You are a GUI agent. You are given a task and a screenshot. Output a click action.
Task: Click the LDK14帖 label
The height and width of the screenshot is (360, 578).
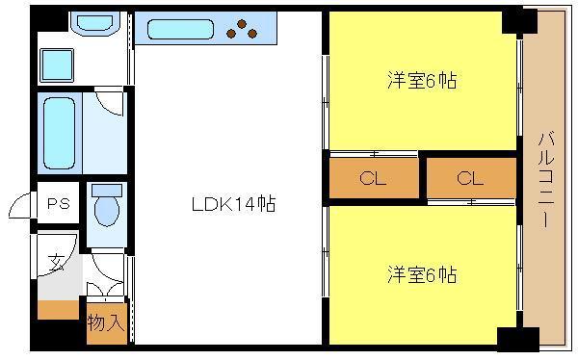[x=234, y=204]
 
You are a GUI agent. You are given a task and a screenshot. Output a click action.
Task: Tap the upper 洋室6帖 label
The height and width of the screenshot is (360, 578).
[x=422, y=80]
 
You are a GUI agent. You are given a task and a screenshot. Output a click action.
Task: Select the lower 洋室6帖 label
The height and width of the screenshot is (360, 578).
[x=422, y=274]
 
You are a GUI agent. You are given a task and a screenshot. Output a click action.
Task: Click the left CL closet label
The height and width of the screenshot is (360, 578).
[x=373, y=179]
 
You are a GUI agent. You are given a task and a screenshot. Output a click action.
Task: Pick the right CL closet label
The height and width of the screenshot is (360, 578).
[x=470, y=179]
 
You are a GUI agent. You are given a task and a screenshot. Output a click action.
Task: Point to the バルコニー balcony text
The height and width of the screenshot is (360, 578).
[x=546, y=180]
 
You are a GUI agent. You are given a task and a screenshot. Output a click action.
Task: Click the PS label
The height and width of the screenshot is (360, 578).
[x=59, y=203]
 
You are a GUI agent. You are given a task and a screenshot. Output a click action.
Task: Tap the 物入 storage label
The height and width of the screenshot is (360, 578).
[x=105, y=322]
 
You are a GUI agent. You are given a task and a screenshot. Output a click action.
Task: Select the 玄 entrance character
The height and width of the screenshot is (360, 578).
[x=57, y=263]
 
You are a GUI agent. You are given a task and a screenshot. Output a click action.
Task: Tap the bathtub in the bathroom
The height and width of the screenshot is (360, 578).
[x=59, y=133]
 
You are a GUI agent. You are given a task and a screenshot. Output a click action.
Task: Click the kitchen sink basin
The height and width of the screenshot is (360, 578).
[x=181, y=29]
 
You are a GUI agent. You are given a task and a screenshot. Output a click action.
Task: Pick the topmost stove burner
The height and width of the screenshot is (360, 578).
[x=242, y=24]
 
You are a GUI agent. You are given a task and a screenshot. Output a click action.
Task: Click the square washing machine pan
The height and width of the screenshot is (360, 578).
[x=57, y=64]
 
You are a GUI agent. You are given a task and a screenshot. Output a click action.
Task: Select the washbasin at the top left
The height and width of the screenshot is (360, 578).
[x=94, y=23]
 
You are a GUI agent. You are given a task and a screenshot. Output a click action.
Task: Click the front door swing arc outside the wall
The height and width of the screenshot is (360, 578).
[x=19, y=203]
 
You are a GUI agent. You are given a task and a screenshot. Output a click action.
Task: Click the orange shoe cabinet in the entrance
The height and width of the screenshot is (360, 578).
[x=59, y=310]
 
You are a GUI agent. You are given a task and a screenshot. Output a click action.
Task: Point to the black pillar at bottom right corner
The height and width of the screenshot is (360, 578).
[x=517, y=339]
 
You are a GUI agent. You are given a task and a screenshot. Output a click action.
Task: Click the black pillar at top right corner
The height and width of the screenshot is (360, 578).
[x=520, y=21]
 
